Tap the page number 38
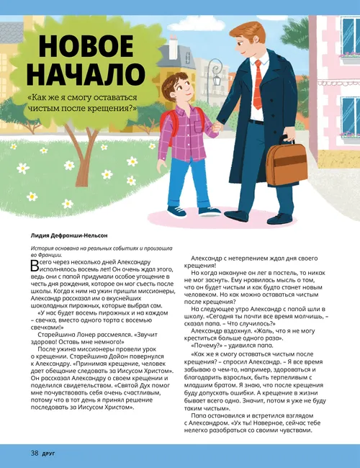click(x=34, y=453)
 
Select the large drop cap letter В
click(x=35, y=266)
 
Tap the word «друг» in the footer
click(x=51, y=454)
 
